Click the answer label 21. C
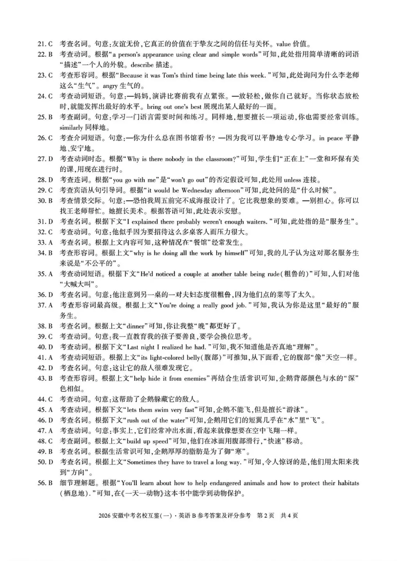pos(45,44)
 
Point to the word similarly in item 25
pos(71,128)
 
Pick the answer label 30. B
pos(45,201)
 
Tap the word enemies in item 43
pos(193,378)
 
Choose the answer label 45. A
pos(45,409)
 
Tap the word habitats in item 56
pos(346,483)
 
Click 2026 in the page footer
pos(105,515)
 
